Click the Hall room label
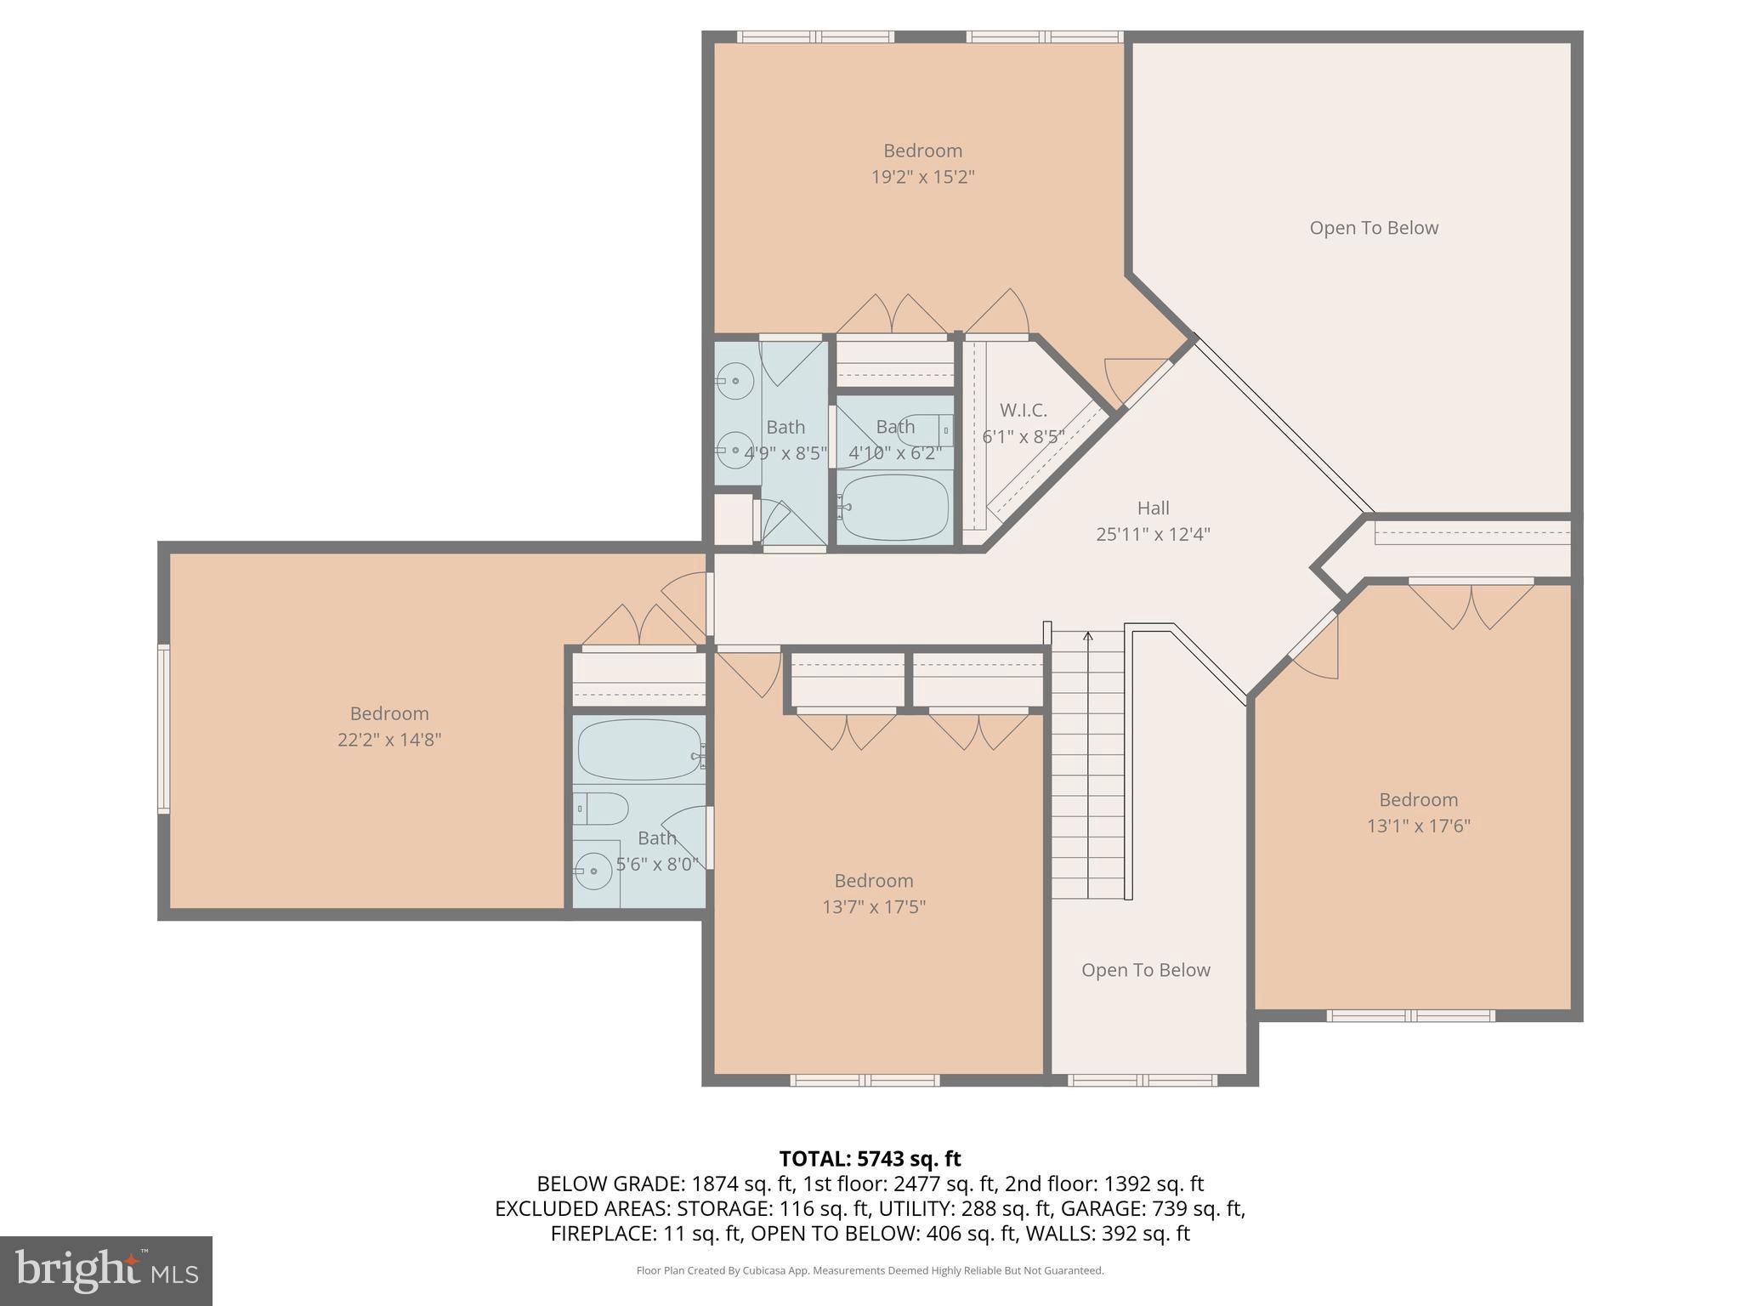(x=1153, y=508)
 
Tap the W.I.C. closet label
(x=1023, y=411)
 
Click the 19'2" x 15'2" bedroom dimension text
(x=922, y=178)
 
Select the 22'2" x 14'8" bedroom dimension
(x=389, y=740)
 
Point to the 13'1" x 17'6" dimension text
(x=1418, y=826)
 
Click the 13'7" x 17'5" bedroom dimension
(x=873, y=907)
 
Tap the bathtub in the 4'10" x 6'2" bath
(x=894, y=508)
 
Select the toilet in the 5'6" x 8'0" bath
(x=602, y=809)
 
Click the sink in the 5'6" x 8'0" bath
(x=593, y=871)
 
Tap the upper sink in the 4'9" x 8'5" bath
(x=734, y=381)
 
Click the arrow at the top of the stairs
(x=1088, y=637)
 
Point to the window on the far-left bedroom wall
(x=163, y=729)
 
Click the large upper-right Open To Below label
(x=1373, y=228)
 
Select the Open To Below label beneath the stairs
(x=1145, y=970)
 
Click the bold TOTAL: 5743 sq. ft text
(x=870, y=1158)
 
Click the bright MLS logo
(x=106, y=1270)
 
